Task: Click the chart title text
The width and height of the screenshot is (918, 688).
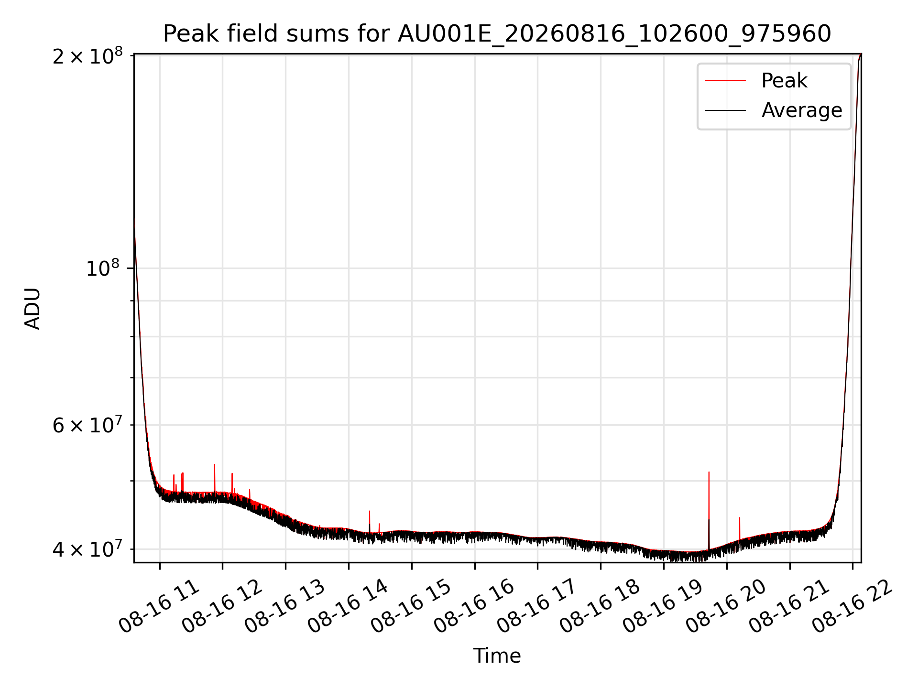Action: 497,34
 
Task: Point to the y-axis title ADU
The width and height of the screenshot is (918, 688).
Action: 33,308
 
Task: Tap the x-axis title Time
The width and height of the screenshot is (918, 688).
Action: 497,656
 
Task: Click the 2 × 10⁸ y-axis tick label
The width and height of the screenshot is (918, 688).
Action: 87,56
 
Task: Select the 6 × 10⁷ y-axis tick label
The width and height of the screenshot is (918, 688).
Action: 87,425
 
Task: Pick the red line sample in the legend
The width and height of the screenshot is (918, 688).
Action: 725,80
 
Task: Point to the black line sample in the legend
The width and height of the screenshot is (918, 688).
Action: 725,110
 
